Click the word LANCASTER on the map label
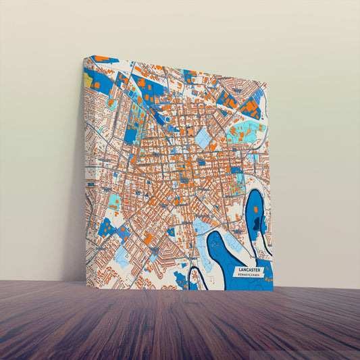(249, 270)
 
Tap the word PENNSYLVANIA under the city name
(249, 276)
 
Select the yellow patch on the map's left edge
(88, 80)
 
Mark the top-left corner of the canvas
(84, 56)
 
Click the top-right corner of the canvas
(267, 85)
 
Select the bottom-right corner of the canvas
(274, 291)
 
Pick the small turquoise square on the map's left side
(115, 201)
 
